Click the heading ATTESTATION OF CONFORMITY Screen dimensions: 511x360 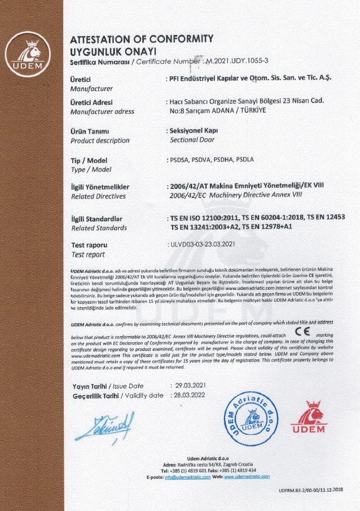click(141, 39)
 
